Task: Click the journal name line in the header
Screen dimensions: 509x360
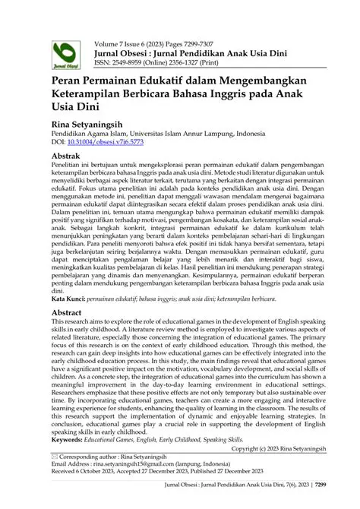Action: pyautogui.click(x=193, y=44)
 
